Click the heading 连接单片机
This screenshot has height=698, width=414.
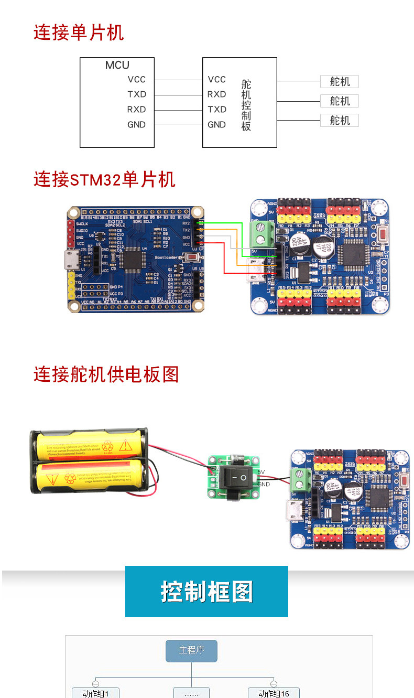click(79, 33)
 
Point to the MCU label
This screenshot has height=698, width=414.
click(117, 65)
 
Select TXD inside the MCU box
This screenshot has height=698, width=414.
click(137, 94)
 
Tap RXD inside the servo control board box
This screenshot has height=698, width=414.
click(216, 94)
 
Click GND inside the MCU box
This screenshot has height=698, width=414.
click(136, 125)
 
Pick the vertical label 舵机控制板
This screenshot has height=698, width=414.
click(246, 105)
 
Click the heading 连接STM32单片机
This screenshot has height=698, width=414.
click(104, 179)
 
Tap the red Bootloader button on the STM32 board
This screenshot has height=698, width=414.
click(193, 258)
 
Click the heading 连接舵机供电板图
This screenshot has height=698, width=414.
click(106, 374)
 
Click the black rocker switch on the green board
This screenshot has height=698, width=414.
click(235, 477)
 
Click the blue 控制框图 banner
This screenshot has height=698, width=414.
click(206, 592)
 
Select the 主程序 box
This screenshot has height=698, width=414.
click(191, 650)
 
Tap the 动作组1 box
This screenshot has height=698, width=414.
click(95, 693)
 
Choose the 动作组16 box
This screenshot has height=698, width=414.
click(274, 693)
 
